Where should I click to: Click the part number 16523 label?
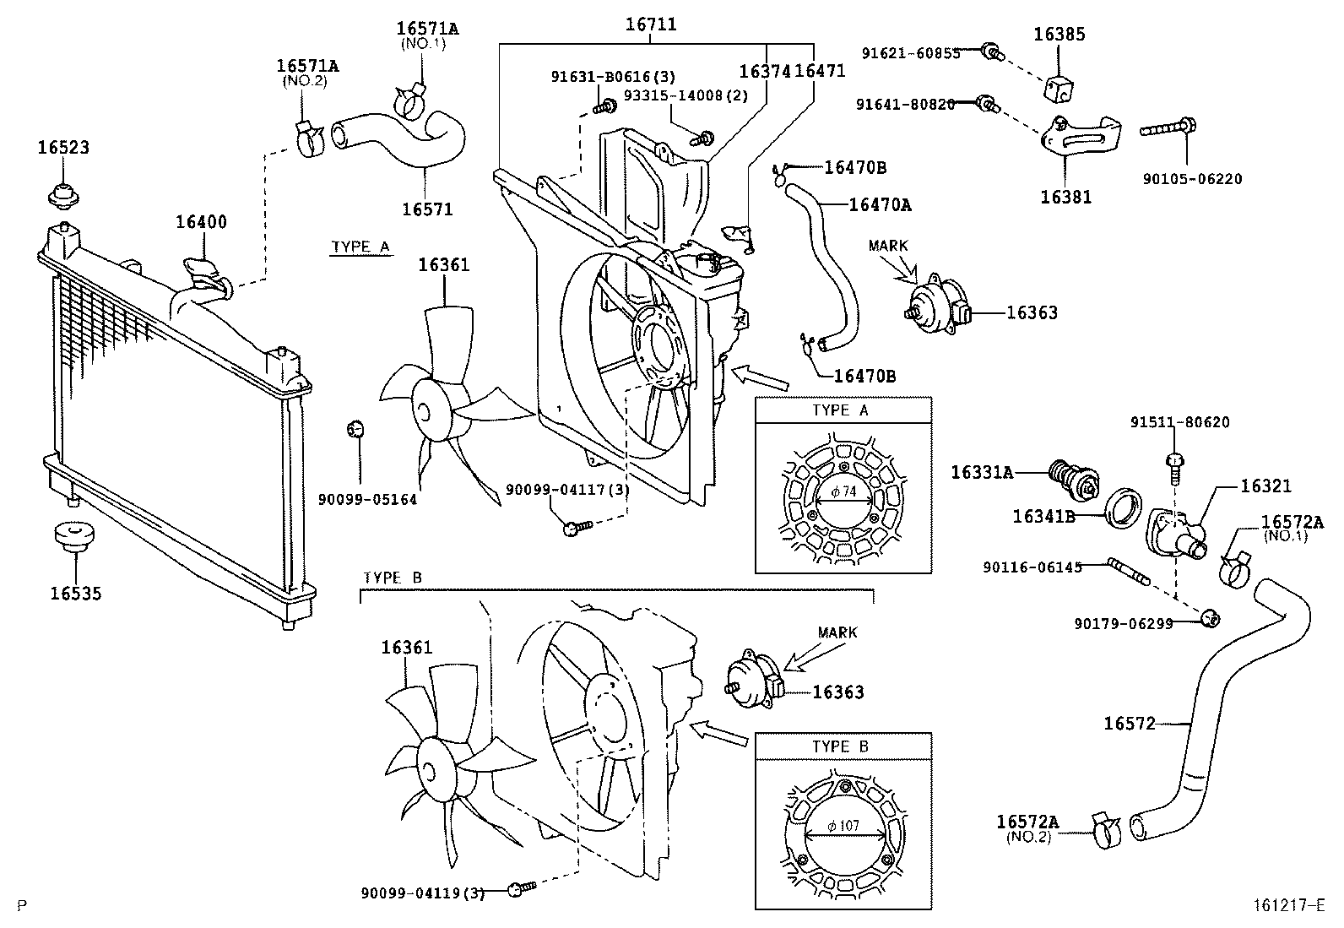point(62,148)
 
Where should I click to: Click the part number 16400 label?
point(201,222)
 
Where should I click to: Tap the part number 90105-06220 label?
point(1192,180)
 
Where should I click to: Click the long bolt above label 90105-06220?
point(1168,129)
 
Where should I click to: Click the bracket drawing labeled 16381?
point(1077,138)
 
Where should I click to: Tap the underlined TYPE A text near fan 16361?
point(360,247)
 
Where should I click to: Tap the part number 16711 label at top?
point(650,24)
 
